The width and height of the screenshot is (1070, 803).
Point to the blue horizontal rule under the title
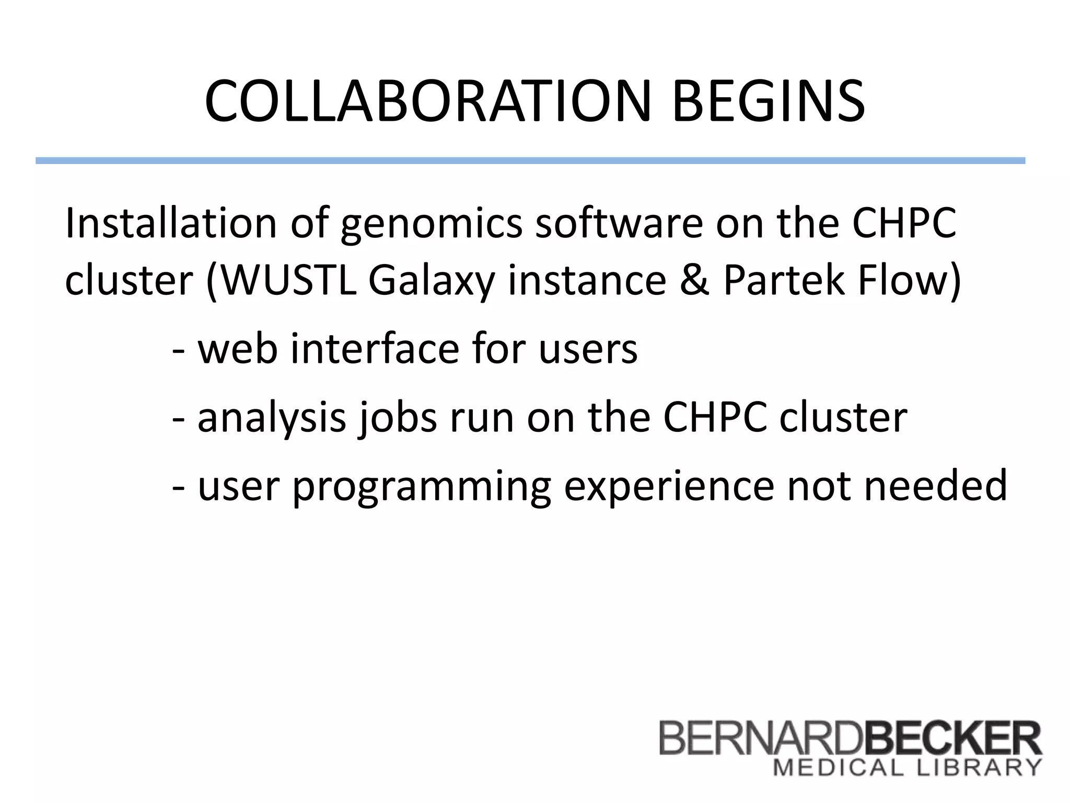[x=530, y=160]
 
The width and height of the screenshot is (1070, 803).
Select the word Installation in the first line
[x=170, y=223]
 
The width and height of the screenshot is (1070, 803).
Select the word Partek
[x=784, y=281]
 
